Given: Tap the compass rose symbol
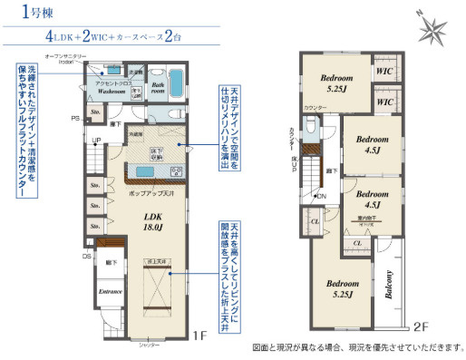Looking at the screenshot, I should tap(432, 29).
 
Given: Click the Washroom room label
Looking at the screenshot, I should tap(112, 92).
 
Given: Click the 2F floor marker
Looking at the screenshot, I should tap(421, 326).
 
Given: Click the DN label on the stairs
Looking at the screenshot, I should tap(320, 197).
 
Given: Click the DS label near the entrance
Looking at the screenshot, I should tap(87, 256).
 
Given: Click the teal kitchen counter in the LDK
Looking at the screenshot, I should tap(145, 172).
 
